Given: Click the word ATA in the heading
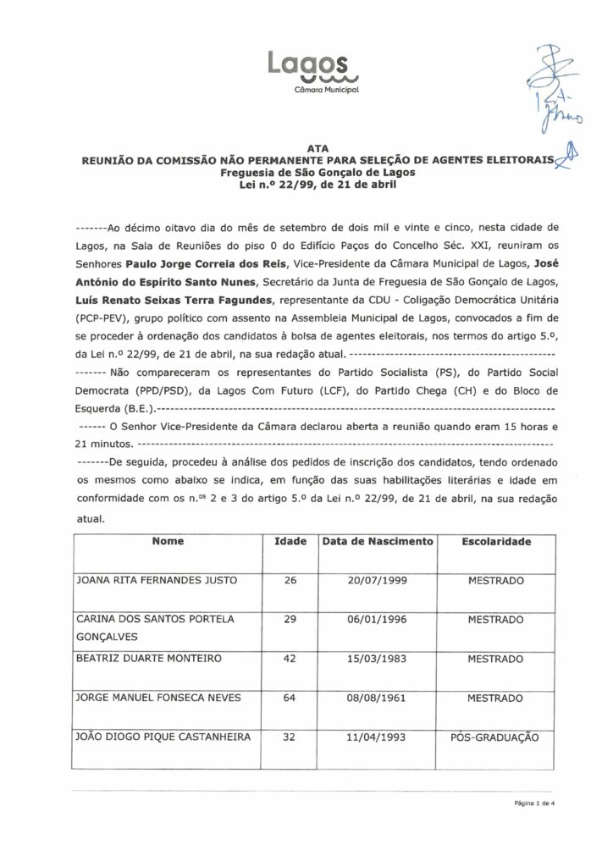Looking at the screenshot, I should click(314, 147).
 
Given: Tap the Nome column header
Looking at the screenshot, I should click(167, 540).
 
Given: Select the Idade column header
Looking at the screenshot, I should click(290, 540).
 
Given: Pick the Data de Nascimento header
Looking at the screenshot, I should click(378, 540).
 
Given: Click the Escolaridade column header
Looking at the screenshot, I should click(495, 540).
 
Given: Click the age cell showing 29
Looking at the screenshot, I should click(290, 620).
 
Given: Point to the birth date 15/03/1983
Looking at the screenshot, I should click(378, 658).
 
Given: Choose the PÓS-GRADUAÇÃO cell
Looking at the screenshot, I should click(495, 737).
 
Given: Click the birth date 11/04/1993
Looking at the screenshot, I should click(378, 737).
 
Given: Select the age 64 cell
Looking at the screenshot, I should click(290, 698).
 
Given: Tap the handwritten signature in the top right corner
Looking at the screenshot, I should click(551, 93).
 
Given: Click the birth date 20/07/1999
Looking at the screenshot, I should click(378, 581).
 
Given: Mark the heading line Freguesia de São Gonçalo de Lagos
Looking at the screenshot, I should click(314, 171).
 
